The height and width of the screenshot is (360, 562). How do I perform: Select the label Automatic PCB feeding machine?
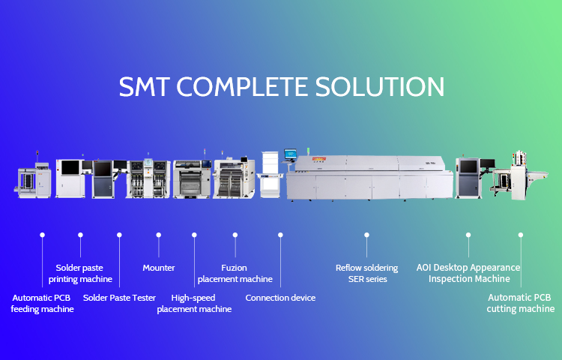(42, 303)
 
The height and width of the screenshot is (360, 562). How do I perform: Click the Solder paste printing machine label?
(80, 273)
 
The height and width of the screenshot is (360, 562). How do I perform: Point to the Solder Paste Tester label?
(119, 298)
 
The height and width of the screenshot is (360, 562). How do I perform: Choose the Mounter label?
(158, 268)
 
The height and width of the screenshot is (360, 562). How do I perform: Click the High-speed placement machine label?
(193, 303)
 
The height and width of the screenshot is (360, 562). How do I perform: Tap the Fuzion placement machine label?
(235, 273)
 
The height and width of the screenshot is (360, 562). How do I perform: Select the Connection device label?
(280, 298)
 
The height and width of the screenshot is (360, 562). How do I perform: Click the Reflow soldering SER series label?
(366, 273)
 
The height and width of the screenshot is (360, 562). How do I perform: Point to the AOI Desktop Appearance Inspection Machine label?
(468, 273)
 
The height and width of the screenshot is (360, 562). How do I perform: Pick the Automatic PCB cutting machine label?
(520, 303)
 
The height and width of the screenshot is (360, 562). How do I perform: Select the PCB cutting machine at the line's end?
(517, 176)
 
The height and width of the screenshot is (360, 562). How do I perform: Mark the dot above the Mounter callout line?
(158, 235)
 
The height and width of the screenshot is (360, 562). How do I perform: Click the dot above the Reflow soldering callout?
(366, 235)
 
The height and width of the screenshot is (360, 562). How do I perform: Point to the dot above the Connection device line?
(280, 235)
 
